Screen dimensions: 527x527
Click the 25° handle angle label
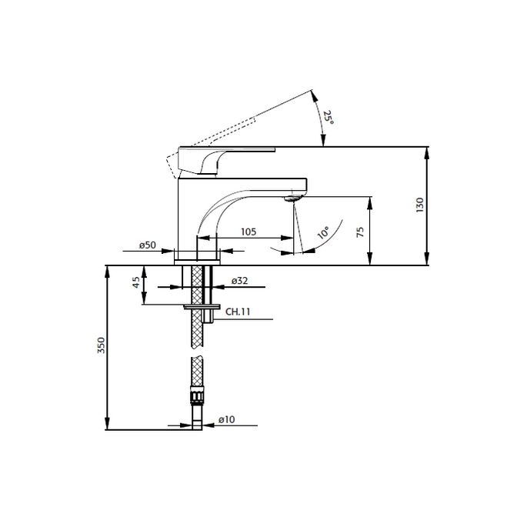[329, 117]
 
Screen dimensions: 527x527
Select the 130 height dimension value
[419, 205]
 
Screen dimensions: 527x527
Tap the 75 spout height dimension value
[360, 232]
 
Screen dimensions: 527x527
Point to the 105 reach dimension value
[247, 232]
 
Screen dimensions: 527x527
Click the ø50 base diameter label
[148, 245]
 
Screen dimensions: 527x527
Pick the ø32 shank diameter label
[238, 282]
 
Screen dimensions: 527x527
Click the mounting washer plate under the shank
[198, 305]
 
